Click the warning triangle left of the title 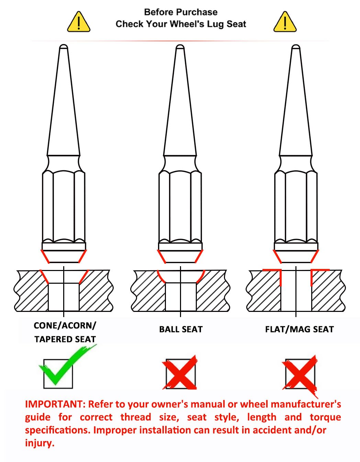[x=79, y=22]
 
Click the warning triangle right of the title [x=285, y=22]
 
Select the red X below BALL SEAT [x=180, y=372]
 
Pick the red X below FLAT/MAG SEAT [x=300, y=375]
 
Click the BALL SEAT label [x=181, y=329]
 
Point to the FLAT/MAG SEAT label [x=300, y=329]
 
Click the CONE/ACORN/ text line [x=65, y=326]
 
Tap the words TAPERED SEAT [x=65, y=339]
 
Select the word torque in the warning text [x=325, y=417]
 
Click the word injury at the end [x=40, y=443]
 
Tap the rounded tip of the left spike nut [x=64, y=47]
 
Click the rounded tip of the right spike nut [x=296, y=47]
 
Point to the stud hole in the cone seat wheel [x=64, y=297]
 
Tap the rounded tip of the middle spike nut [x=180, y=47]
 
